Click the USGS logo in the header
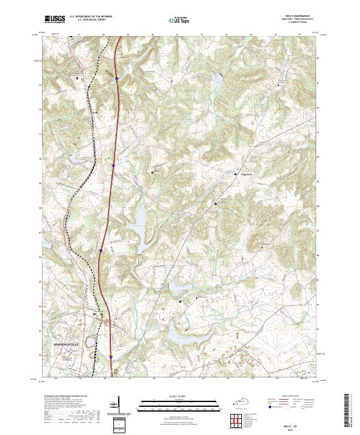pyautogui.click(x=55, y=20)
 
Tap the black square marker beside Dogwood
pyautogui.click(x=235, y=173)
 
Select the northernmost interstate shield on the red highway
pyautogui.click(x=118, y=79)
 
